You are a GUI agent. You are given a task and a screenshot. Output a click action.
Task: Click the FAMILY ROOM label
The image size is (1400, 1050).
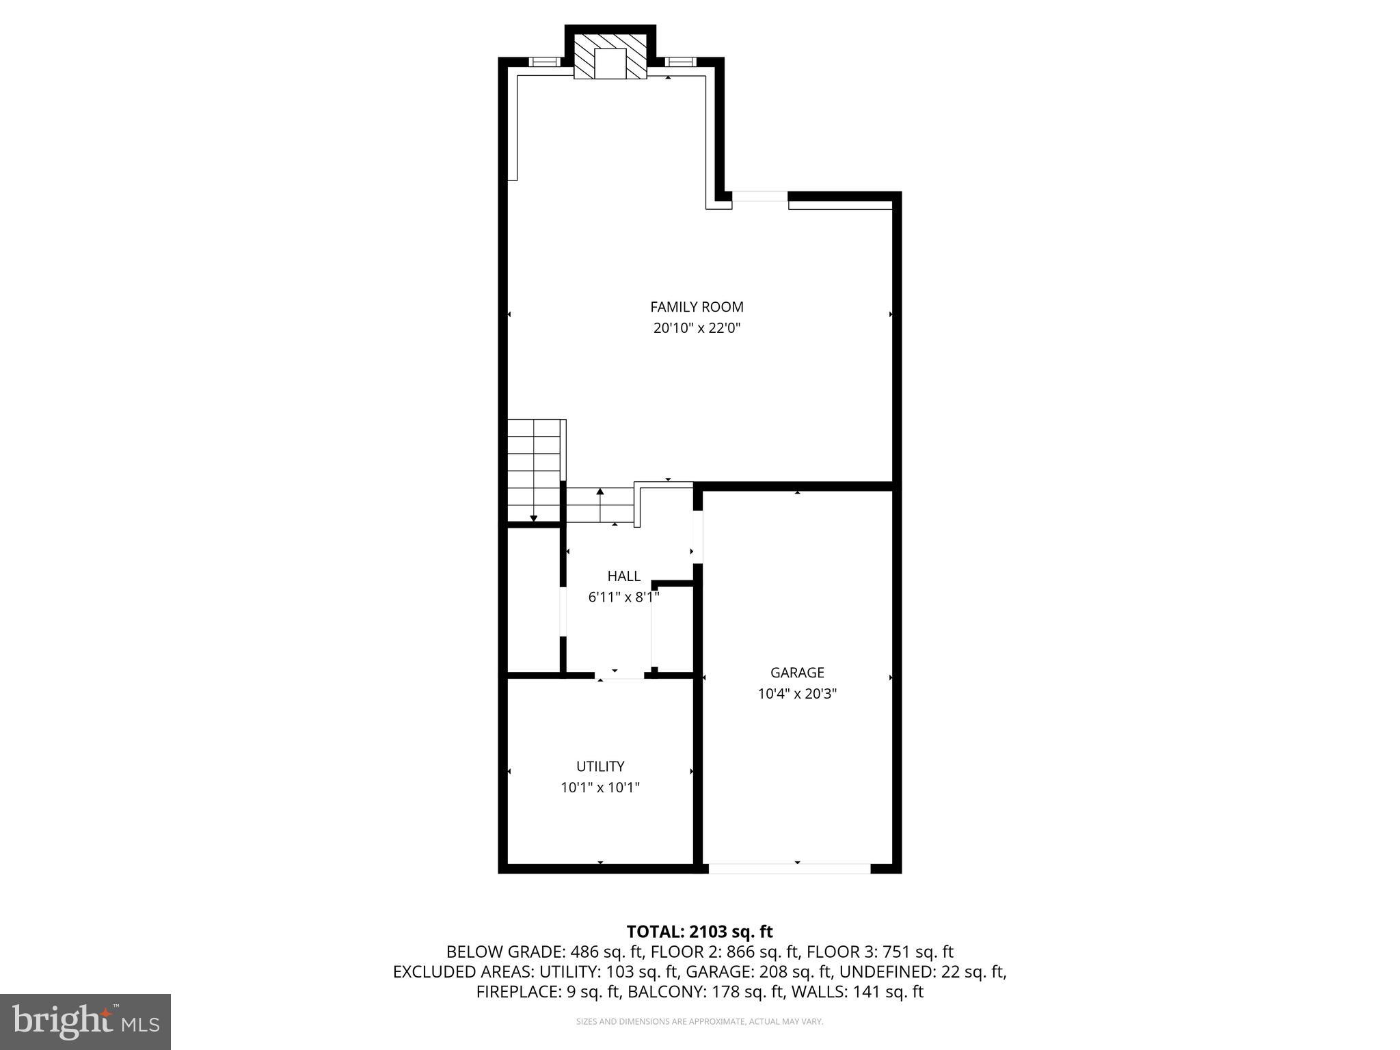point(697,307)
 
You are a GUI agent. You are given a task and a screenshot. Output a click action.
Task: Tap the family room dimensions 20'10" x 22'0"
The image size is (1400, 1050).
point(697,328)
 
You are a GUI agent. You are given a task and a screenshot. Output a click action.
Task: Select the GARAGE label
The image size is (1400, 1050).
point(797,673)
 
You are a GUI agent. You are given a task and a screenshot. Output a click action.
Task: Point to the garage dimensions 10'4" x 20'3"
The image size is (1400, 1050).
point(797,694)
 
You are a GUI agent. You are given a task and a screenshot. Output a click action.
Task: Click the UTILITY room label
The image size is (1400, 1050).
point(600,766)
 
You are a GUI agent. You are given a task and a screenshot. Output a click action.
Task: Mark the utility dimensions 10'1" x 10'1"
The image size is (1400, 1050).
point(600,787)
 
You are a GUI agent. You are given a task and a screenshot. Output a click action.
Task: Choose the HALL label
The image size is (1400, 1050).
point(623,576)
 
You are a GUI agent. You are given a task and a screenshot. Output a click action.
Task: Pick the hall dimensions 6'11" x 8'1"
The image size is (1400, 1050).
point(623,597)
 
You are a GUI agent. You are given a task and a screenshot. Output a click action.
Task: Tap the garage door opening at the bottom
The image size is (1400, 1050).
point(789,869)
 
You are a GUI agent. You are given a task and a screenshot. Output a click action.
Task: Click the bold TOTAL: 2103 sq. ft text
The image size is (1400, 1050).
point(699,932)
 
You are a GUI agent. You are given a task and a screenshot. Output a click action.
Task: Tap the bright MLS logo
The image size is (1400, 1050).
point(85,1022)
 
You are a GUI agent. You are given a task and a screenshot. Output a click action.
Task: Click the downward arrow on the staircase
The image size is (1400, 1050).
point(534,517)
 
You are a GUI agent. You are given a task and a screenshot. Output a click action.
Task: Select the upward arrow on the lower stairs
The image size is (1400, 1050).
point(600,492)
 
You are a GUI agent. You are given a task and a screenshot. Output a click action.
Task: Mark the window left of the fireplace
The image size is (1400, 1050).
point(545,62)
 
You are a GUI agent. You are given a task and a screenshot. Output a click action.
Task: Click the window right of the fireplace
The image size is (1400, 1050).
point(679,62)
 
